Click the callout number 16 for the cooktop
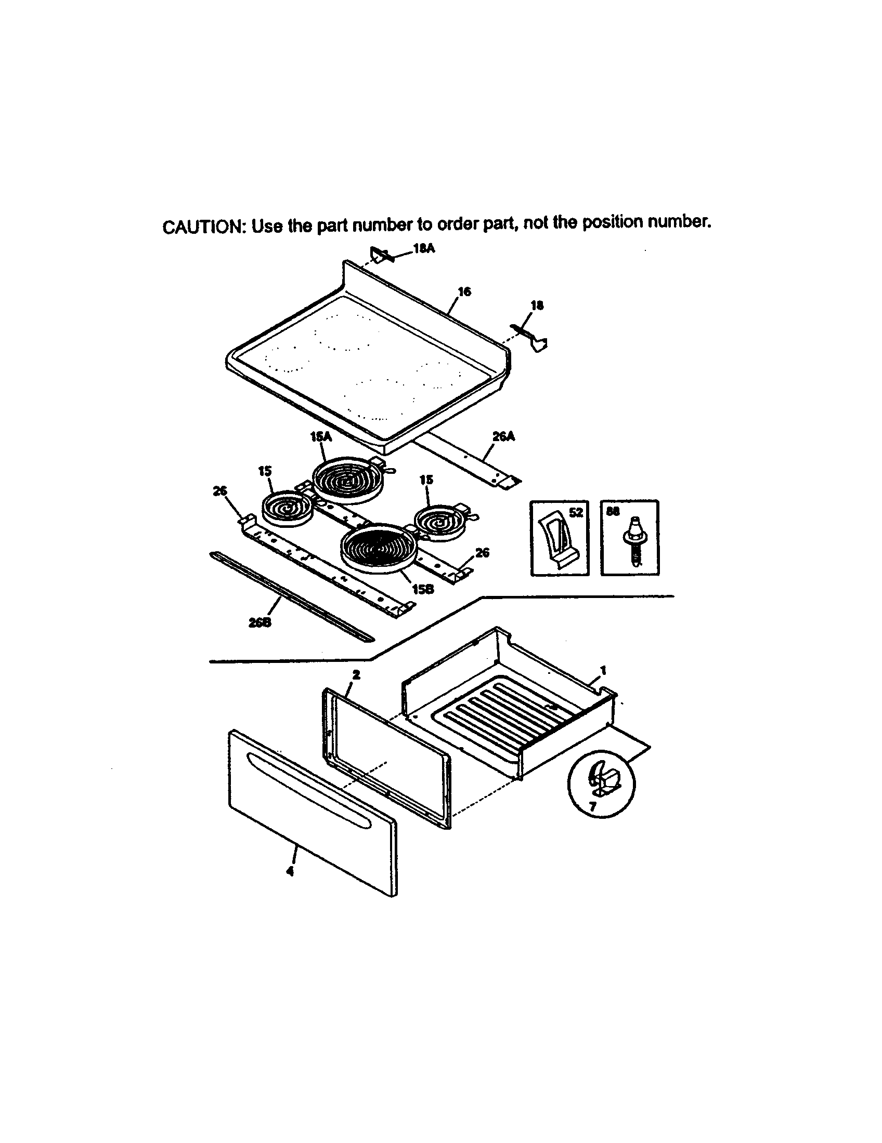point(464,291)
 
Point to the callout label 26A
point(503,436)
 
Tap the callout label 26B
point(260,623)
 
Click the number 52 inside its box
point(575,512)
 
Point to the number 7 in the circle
point(592,807)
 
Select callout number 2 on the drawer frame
point(356,674)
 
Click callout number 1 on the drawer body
point(603,669)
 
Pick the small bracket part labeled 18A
point(380,255)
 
